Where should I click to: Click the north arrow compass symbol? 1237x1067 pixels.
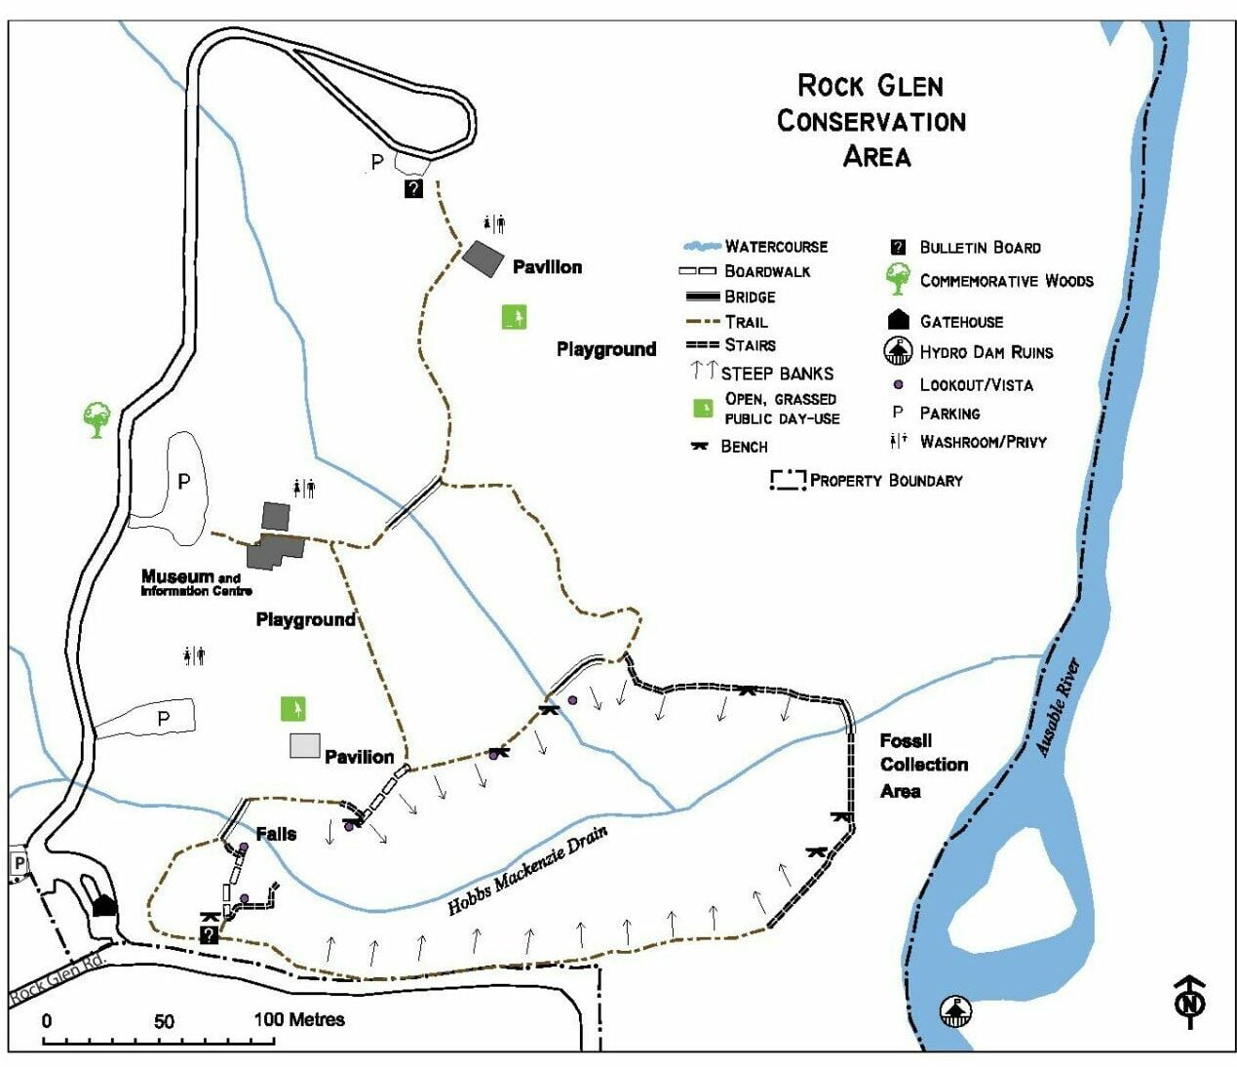pyautogui.click(x=1189, y=1001)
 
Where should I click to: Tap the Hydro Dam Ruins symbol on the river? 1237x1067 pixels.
pyautogui.click(x=956, y=1010)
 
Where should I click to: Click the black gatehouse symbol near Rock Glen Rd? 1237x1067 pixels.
pyautogui.click(x=104, y=905)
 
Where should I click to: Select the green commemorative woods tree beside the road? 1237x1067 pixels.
pyautogui.click(x=97, y=419)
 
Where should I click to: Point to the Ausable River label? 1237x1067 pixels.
pyautogui.click(x=1058, y=708)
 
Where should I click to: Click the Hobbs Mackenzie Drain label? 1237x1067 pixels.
pyautogui.click(x=527, y=871)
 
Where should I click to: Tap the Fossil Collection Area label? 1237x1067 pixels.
pyautogui.click(x=923, y=766)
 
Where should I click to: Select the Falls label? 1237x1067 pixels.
pyautogui.click(x=276, y=834)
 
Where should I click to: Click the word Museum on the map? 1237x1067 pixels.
pyautogui.click(x=177, y=576)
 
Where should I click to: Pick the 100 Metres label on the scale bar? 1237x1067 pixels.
pyautogui.click(x=299, y=1020)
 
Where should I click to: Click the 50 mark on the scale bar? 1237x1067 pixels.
pyautogui.click(x=164, y=1021)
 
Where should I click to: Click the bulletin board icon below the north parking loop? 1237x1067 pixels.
pyautogui.click(x=413, y=188)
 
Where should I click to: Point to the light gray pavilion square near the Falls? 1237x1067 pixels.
pyautogui.click(x=305, y=745)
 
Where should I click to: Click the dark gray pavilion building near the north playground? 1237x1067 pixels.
pyautogui.click(x=483, y=258)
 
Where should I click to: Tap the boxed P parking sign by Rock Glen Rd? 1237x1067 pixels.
pyautogui.click(x=19, y=863)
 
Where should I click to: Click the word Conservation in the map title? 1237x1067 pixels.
pyautogui.click(x=870, y=121)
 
